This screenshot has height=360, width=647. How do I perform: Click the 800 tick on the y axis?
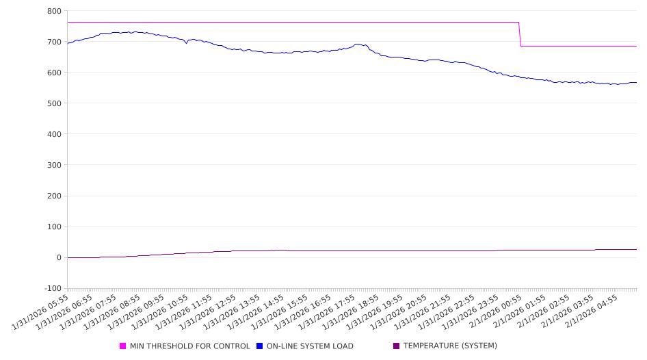pyautogui.click(x=54, y=11)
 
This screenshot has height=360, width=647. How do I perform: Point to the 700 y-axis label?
pyautogui.click(x=54, y=42)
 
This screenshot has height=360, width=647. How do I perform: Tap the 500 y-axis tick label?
pyautogui.click(x=54, y=103)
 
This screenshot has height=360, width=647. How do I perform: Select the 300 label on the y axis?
pyautogui.click(x=54, y=165)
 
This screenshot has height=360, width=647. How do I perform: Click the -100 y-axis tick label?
pyautogui.click(x=52, y=288)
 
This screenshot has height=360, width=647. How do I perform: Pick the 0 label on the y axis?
pyautogui.click(x=59, y=257)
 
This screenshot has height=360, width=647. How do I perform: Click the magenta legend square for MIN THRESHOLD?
pyautogui.click(x=123, y=346)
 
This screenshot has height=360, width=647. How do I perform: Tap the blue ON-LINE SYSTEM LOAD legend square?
pyautogui.click(x=260, y=346)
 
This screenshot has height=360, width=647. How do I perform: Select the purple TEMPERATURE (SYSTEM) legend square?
pyautogui.click(x=397, y=346)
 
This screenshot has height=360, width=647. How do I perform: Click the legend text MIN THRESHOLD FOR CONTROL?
pyautogui.click(x=189, y=346)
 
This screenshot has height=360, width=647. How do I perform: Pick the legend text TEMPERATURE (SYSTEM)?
pyautogui.click(x=450, y=346)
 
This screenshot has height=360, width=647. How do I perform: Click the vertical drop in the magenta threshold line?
pyautogui.click(x=520, y=34)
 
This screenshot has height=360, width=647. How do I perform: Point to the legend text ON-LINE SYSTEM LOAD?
pyautogui.click(x=310, y=346)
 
